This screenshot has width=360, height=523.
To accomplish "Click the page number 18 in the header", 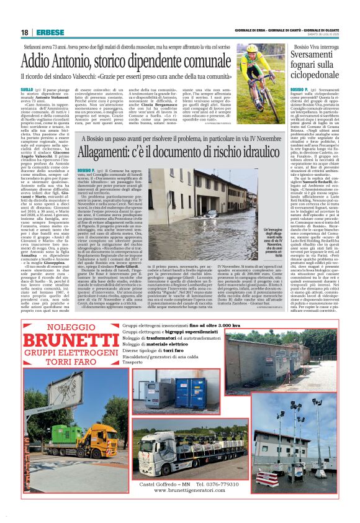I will tap(24, 32).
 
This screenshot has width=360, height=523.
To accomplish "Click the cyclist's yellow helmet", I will tap(251, 48).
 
